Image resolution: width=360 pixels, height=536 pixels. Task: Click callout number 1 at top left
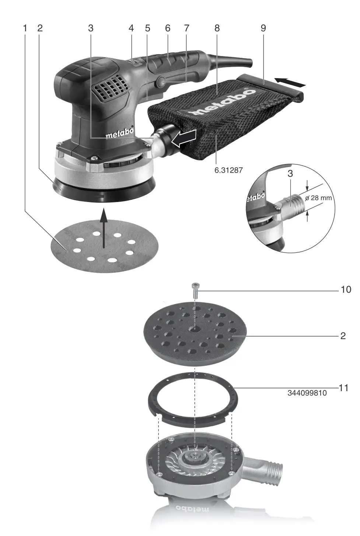tap(25, 28)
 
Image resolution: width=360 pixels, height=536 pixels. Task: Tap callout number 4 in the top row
tap(131, 28)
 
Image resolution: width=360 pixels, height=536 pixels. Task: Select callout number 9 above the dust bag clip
tap(263, 28)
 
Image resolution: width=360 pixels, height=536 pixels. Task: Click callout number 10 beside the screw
tap(346, 290)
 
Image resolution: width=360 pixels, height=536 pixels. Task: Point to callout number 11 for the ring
tap(343, 388)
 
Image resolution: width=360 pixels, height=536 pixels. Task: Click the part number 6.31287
tap(228, 171)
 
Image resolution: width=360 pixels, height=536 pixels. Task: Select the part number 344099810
tap(307, 393)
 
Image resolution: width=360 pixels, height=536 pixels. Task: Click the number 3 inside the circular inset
tap(290, 174)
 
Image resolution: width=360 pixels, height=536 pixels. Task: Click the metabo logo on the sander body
tap(120, 135)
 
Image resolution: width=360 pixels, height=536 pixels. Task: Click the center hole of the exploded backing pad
tap(194, 328)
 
